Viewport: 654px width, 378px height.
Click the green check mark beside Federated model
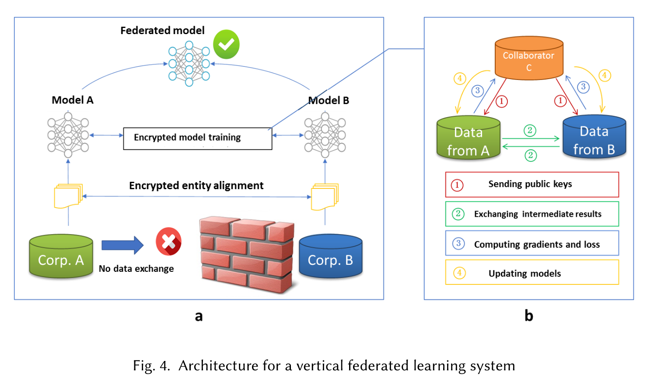coord(226,45)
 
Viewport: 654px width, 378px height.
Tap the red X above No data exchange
coord(168,241)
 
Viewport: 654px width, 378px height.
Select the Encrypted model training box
coord(197,138)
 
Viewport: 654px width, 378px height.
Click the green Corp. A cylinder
coord(61,257)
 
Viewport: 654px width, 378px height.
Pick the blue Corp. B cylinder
coord(330,257)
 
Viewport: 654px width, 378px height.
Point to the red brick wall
coord(246,254)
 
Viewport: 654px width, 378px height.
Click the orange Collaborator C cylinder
coord(528,59)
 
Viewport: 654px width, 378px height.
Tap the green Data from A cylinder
coord(468,138)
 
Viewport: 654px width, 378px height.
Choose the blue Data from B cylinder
coord(594,137)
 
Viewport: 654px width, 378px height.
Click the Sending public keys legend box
coord(532,184)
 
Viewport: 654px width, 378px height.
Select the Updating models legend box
coord(532,273)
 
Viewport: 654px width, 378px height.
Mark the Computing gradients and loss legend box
coord(532,243)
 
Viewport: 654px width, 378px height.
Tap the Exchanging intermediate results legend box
coord(532,214)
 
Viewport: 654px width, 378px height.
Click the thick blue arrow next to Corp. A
coord(122,245)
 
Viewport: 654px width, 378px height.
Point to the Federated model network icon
coord(189,64)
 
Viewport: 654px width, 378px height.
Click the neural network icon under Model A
coord(68,135)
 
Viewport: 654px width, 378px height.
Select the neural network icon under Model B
coord(325,135)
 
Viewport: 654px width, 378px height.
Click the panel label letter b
coord(529,316)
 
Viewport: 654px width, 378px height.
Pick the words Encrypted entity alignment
coord(196,186)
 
